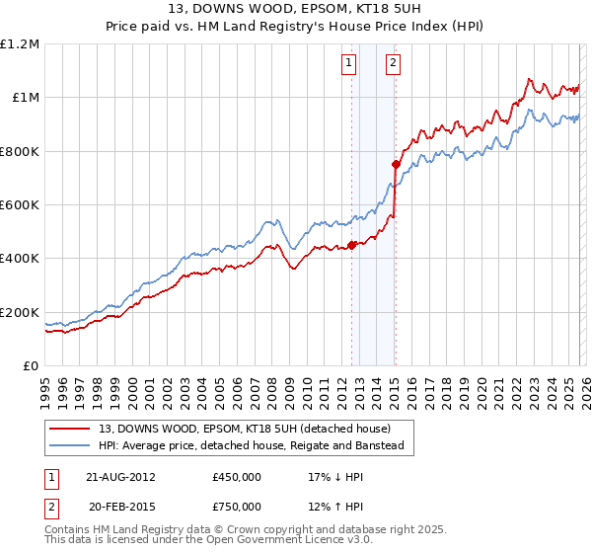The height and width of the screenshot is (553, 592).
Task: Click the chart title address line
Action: coord(295,9)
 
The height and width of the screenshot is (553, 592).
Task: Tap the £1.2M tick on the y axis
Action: coord(20,44)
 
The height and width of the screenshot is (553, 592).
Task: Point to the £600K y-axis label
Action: coord(20,205)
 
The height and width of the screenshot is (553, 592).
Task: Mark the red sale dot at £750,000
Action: coord(395,165)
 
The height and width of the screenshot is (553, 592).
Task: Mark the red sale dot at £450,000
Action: coord(352,246)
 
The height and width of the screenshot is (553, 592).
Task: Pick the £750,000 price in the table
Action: coord(236,507)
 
